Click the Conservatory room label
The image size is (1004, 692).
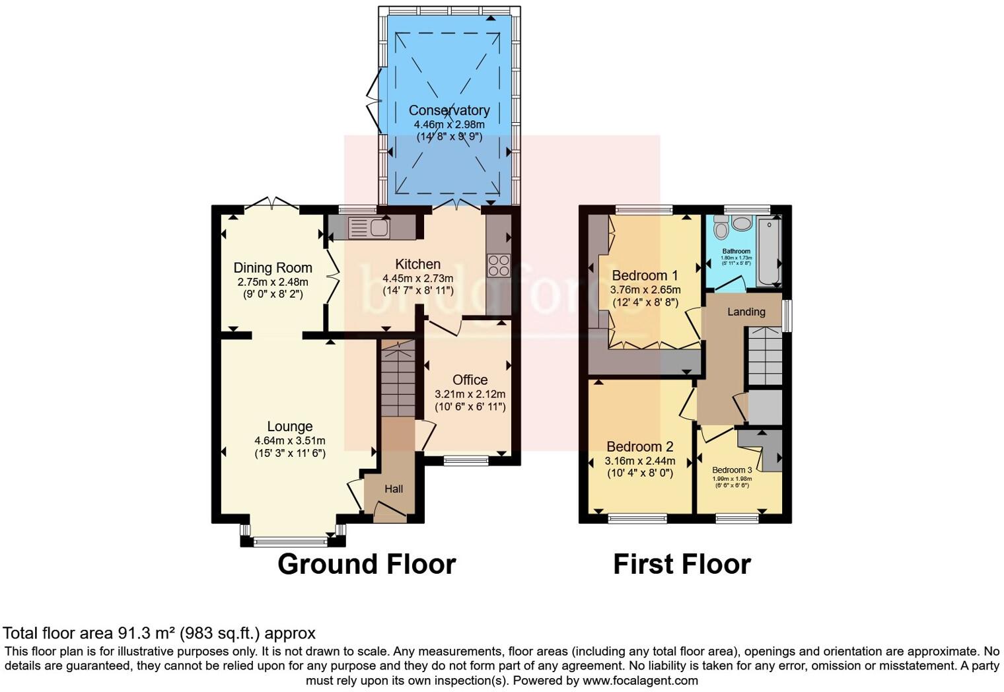(x=448, y=110)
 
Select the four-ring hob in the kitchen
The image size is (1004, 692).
(x=497, y=265)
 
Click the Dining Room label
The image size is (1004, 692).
(x=272, y=267)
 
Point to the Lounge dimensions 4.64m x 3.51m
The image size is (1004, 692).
(x=289, y=440)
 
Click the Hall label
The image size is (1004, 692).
(x=394, y=489)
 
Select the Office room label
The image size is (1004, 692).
(x=470, y=380)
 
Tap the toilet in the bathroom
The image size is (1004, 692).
(x=721, y=228)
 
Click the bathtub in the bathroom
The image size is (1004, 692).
(x=768, y=251)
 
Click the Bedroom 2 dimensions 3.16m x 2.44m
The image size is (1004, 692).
(x=639, y=460)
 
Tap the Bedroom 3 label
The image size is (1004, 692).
(x=731, y=470)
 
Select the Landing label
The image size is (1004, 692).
(x=746, y=312)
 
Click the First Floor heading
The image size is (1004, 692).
(x=682, y=564)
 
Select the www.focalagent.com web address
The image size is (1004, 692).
(x=639, y=680)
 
